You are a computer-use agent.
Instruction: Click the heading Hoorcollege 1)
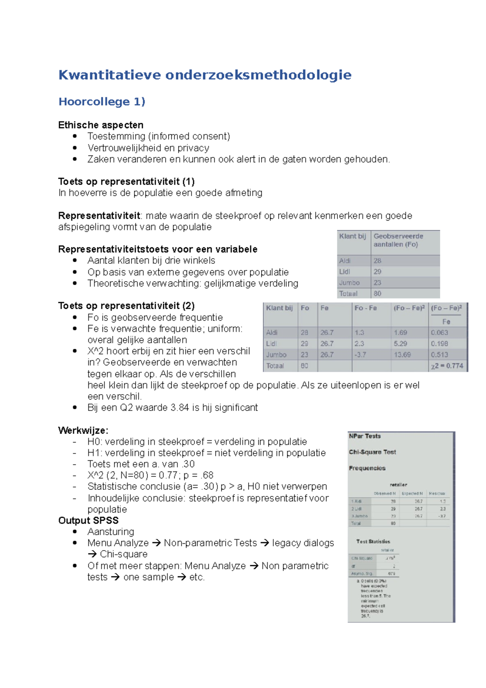[102, 102]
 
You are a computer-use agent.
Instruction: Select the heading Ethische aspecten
[100, 125]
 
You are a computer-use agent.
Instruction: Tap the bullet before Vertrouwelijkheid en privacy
[75, 148]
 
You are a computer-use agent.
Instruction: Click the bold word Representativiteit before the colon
[99, 216]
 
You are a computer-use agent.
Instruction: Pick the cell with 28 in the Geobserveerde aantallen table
[377, 261]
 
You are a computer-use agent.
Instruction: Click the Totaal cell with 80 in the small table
[377, 293]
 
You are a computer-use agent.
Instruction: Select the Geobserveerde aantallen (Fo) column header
[398, 240]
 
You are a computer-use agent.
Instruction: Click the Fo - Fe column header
[365, 308]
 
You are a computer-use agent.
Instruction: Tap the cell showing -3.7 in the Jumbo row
[360, 355]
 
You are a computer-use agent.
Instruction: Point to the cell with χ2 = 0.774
[447, 366]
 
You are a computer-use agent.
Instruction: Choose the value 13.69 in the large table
[402, 355]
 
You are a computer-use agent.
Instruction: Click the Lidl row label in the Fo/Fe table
[271, 344]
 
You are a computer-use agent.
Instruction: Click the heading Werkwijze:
[83, 430]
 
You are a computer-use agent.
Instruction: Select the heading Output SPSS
[88, 520]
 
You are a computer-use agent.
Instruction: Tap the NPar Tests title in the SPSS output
[364, 436]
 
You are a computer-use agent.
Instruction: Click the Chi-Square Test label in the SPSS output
[372, 452]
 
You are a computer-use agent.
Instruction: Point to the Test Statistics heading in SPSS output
[373, 542]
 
